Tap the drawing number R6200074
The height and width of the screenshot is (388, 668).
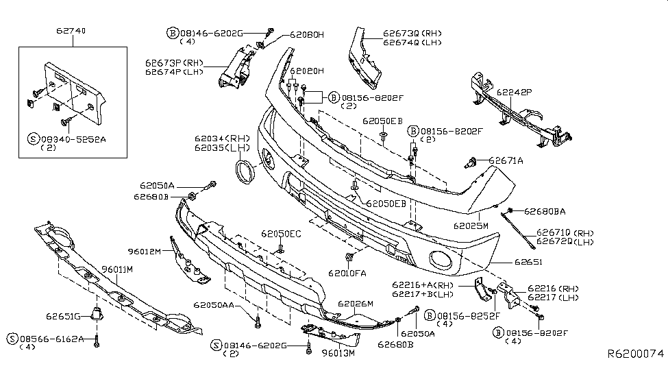point(636,354)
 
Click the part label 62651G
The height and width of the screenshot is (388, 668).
point(64,316)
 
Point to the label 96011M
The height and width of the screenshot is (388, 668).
point(118,269)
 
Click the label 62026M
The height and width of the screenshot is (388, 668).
point(356,304)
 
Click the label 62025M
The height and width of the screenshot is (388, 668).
point(470,225)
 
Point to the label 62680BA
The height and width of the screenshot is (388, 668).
point(545,211)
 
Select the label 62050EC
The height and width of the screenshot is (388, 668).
point(281,234)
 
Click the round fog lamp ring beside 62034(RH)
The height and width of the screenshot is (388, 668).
point(245,171)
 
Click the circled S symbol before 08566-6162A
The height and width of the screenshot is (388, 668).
point(12,339)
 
